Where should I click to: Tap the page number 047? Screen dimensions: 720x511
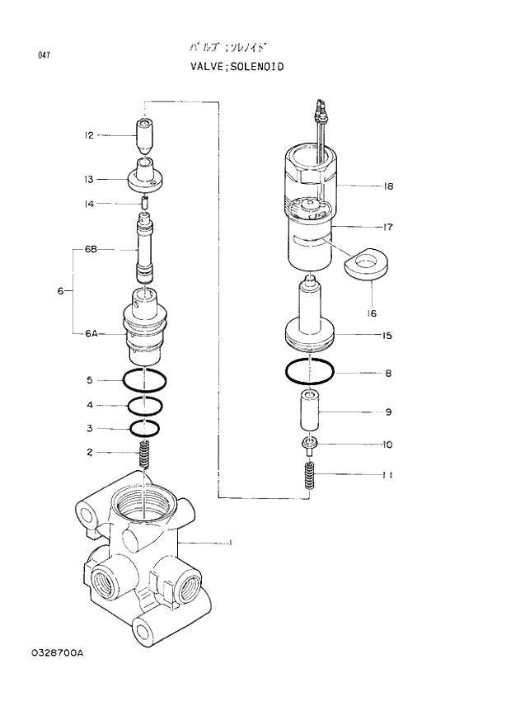[x=44, y=55]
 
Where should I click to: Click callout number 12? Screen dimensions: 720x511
[x=89, y=135]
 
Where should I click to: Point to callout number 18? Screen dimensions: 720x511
[x=388, y=186]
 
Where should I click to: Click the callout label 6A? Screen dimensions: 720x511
[x=91, y=333]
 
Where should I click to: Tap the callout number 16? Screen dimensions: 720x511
[x=372, y=313]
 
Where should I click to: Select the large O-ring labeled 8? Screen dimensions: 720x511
[x=311, y=373]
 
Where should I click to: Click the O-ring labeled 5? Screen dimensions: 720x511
[x=145, y=381]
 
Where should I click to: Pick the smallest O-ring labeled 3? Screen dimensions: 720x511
[x=145, y=428]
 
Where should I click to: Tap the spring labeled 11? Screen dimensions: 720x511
[x=311, y=475]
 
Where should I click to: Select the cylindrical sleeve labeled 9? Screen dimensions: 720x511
[x=311, y=412]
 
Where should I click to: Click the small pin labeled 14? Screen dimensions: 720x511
[x=145, y=203]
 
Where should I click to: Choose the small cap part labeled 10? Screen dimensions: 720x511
[x=311, y=445]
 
